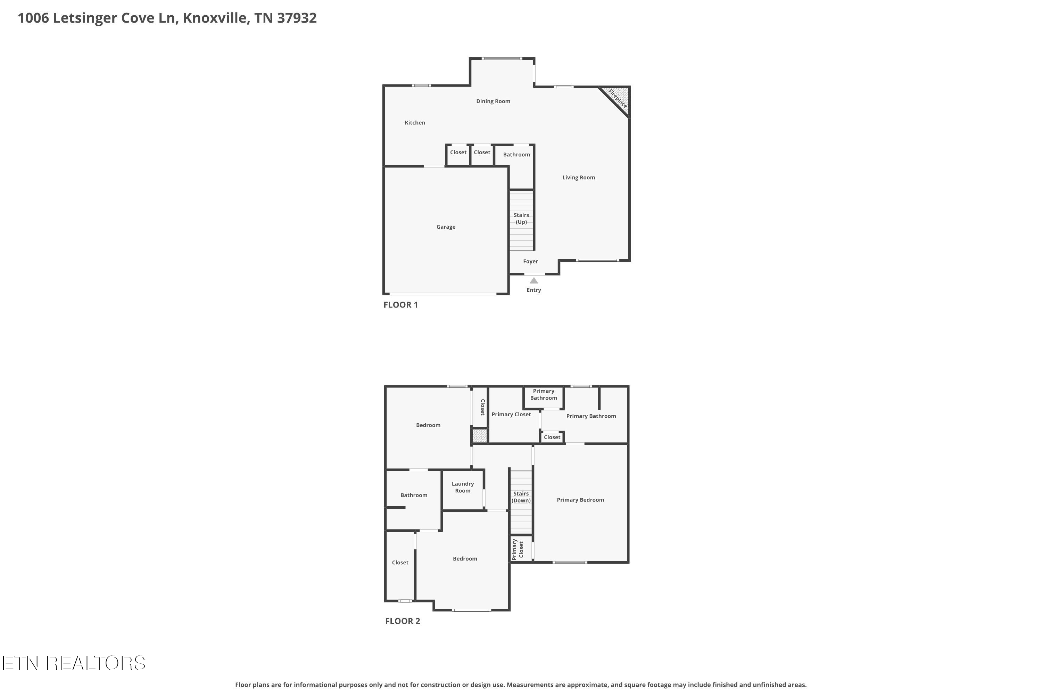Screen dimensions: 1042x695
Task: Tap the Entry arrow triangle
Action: coord(534,280)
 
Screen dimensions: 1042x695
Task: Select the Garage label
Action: coord(446,227)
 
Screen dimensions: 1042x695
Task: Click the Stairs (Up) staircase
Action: coord(521,220)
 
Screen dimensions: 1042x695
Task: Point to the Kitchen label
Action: coord(415,123)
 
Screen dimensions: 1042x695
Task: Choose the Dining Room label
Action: coord(493,101)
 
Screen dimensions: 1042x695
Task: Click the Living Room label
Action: coord(579,178)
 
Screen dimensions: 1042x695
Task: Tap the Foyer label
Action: coord(530,262)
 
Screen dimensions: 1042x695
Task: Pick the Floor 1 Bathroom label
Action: coord(516,155)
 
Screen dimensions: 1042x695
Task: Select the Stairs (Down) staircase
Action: coord(521,502)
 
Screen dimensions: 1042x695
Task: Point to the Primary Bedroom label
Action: coord(580,500)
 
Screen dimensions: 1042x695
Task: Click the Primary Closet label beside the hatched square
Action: coord(511,415)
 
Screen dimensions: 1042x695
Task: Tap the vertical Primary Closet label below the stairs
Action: coord(518,550)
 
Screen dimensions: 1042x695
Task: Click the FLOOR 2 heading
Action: coord(402,621)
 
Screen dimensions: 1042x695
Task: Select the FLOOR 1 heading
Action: coord(400,305)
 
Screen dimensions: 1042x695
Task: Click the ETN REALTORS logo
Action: coord(74,663)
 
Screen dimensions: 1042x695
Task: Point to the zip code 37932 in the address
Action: coord(297,18)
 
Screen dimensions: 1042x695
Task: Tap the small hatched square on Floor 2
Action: coord(479,435)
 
